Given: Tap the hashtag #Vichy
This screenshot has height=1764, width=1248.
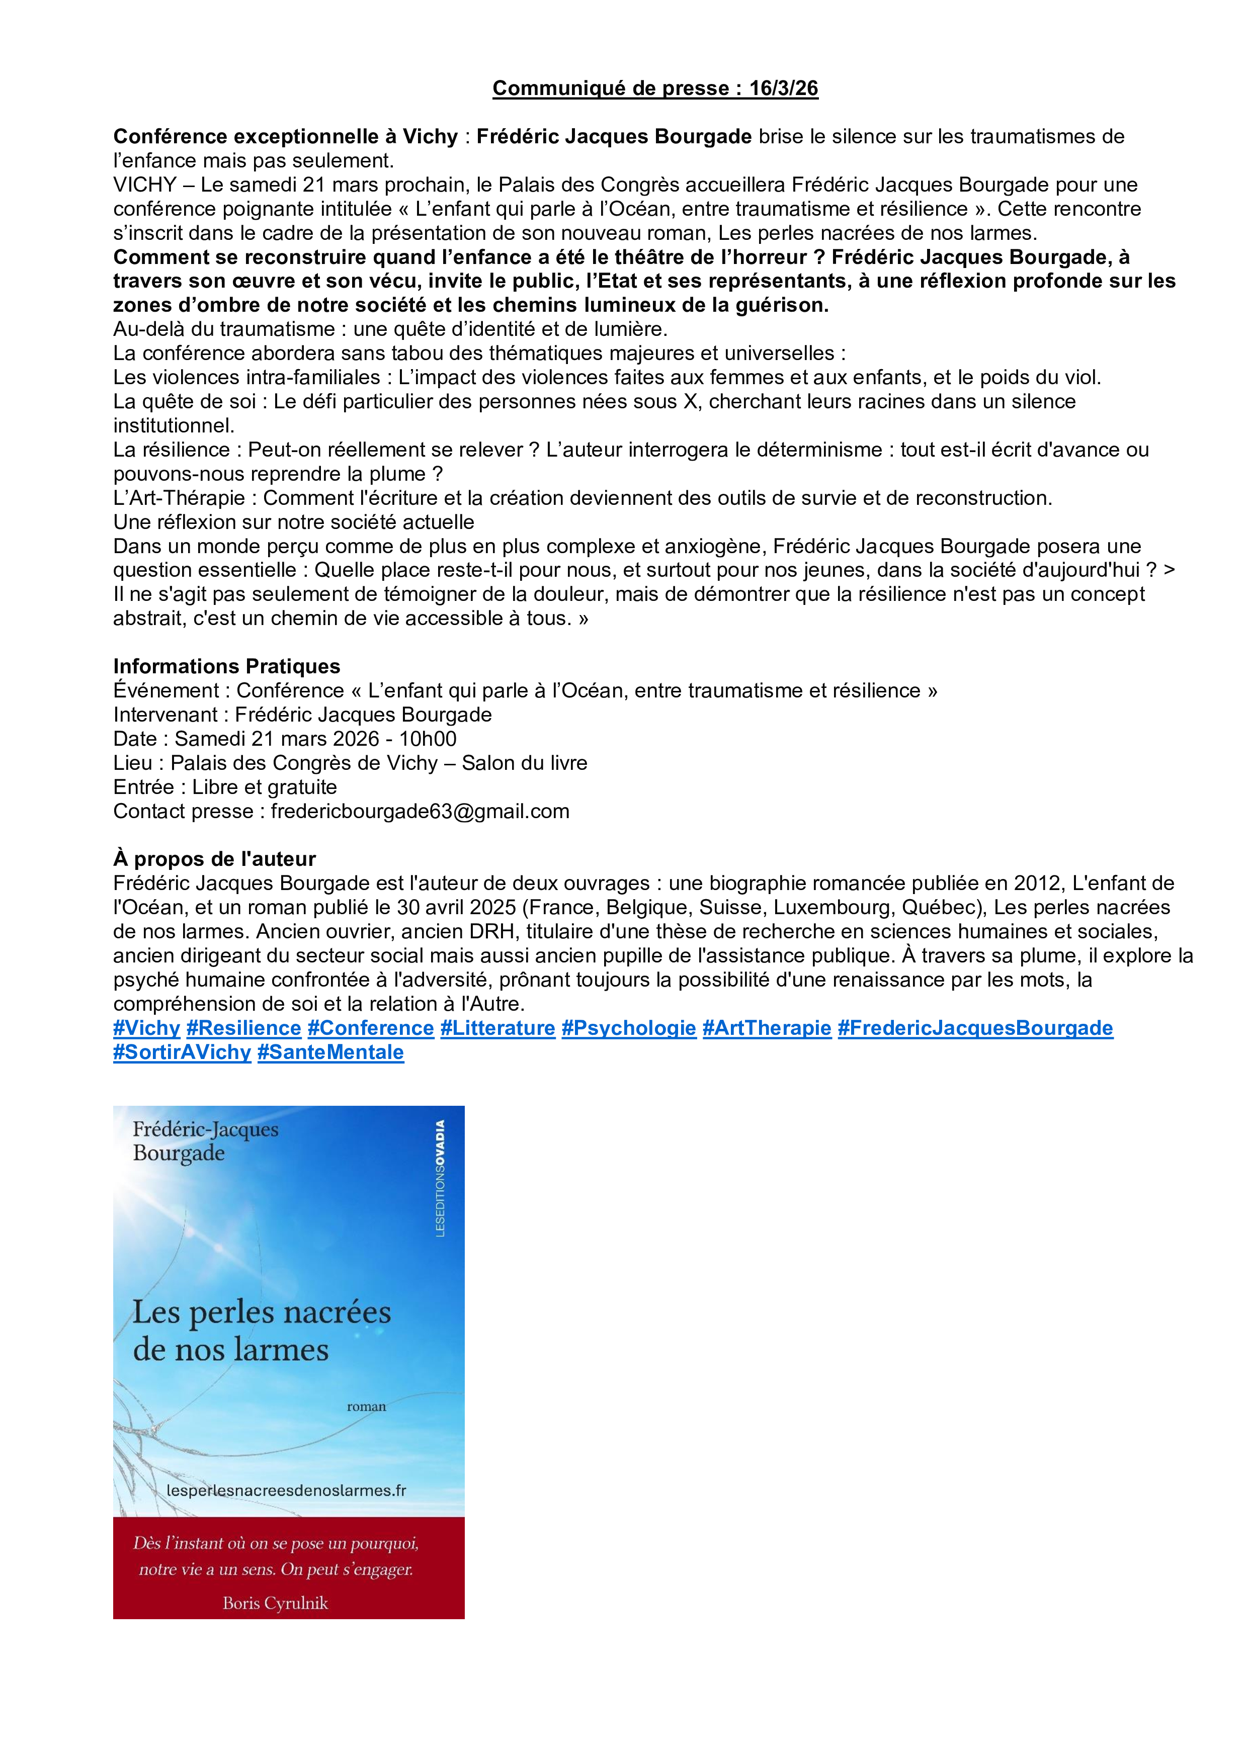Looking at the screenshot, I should (x=146, y=1028).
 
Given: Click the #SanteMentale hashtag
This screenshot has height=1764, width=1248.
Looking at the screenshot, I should (x=330, y=1052).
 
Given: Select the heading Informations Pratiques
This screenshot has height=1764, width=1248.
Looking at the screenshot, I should (x=227, y=666).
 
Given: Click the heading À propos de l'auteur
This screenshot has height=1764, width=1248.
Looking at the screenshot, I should (x=214, y=859).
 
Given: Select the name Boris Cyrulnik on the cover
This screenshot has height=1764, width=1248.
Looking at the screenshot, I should (x=275, y=1604).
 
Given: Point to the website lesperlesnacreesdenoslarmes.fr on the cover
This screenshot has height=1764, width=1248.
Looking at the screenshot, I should (x=286, y=1490).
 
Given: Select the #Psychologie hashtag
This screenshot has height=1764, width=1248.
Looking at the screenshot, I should (x=629, y=1028).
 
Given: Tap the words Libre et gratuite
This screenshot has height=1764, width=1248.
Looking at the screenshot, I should (x=265, y=787).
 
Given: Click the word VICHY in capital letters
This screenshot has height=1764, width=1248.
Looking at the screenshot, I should (x=144, y=185).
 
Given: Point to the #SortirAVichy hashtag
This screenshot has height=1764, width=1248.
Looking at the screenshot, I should (x=182, y=1052).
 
